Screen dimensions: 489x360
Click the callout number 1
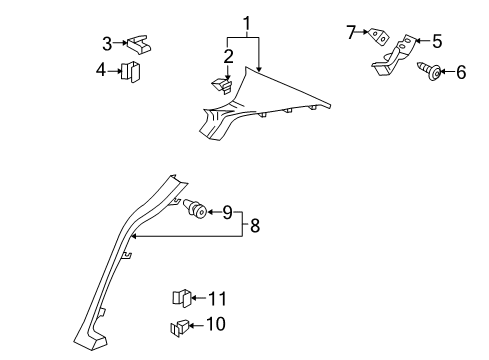[246, 23]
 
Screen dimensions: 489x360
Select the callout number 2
[228, 57]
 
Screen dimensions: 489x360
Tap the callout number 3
[107, 44]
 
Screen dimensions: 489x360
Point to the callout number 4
[101, 70]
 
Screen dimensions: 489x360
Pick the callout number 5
[437, 41]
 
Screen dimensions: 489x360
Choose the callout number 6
[461, 72]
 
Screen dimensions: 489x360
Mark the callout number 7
[351, 32]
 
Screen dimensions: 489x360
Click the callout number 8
[255, 226]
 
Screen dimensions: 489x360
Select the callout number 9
[227, 212]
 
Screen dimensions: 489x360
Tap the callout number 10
[216, 324]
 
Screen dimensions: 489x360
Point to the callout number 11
[217, 299]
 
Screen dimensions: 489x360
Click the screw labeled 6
[429, 72]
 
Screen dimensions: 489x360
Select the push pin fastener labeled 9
[195, 209]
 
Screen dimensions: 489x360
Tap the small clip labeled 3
[138, 44]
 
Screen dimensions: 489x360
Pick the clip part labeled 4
[131, 71]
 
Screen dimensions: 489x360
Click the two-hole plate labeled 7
[379, 36]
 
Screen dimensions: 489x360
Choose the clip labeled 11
[182, 298]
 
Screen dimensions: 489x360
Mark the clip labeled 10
[179, 327]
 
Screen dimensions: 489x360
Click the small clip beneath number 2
[221, 86]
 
